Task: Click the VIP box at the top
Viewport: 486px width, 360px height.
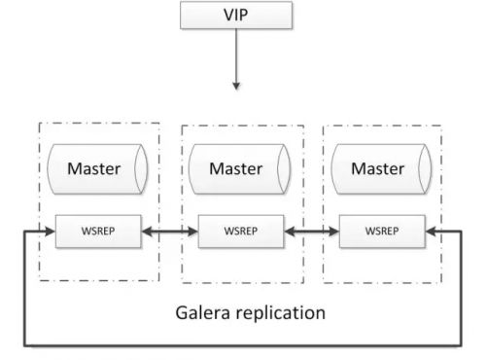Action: point(234,16)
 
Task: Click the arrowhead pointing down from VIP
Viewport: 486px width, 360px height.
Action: point(234,85)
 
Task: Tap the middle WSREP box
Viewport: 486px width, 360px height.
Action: point(238,233)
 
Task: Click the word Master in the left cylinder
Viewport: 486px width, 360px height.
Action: point(94,168)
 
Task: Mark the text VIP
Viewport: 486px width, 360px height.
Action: point(234,16)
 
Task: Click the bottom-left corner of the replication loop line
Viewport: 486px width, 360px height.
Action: point(25,343)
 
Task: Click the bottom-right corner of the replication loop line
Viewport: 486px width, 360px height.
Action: point(460,343)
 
